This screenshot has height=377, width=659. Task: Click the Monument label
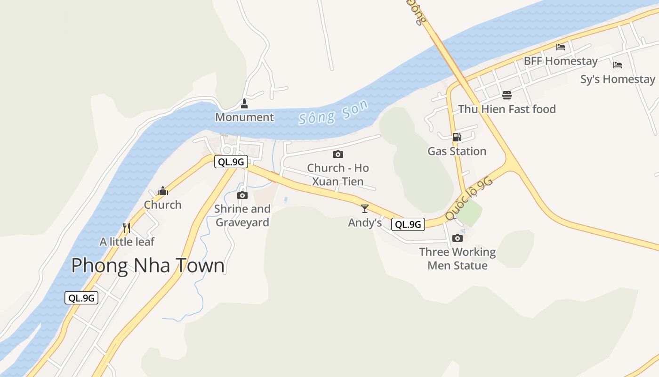[x=244, y=117]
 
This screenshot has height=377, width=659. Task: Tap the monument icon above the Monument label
[x=244, y=104]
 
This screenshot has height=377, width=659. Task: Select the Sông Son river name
[x=333, y=113]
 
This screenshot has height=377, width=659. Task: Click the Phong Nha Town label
[x=148, y=265]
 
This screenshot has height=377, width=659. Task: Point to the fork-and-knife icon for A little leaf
[x=126, y=228]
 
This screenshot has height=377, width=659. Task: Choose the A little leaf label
[x=127, y=242]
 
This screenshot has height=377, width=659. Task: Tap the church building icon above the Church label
[x=163, y=191]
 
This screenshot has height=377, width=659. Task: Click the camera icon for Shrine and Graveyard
[x=242, y=195]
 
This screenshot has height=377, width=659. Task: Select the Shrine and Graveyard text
[x=242, y=215]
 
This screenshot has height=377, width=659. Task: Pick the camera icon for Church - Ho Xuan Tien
[x=338, y=154]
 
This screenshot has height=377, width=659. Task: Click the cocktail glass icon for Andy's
[x=365, y=209]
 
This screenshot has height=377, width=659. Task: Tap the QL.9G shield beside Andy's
[x=408, y=224]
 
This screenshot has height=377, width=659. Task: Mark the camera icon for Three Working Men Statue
[x=457, y=238]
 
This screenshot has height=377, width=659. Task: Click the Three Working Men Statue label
[x=457, y=259]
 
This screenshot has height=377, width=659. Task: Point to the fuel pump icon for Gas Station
[x=457, y=137]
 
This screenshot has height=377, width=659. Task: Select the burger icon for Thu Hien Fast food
[x=507, y=95]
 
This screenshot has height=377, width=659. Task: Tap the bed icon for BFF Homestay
[x=561, y=47]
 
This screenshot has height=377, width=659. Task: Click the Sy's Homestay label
[x=618, y=79]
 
